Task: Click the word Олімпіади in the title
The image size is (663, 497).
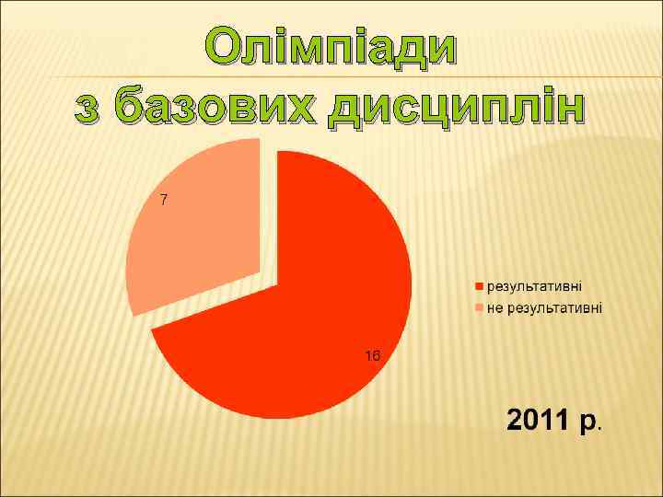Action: [x=331, y=47]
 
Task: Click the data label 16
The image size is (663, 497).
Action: [x=372, y=355]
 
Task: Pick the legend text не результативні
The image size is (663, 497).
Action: [x=544, y=306]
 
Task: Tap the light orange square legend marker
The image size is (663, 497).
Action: [x=479, y=307]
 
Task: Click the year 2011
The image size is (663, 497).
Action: [x=538, y=422]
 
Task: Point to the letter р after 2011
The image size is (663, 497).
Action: [x=587, y=424]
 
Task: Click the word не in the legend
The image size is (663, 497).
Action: [x=494, y=306]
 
